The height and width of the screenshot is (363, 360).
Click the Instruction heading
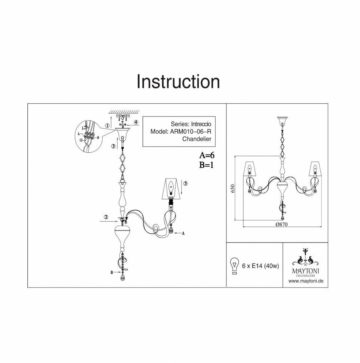[178, 82]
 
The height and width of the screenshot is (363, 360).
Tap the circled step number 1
[107, 126]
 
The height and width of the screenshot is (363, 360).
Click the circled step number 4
[136, 122]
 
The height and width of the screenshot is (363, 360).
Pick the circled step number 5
[186, 184]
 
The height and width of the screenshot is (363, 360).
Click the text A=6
[206, 155]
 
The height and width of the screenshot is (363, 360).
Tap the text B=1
[206, 165]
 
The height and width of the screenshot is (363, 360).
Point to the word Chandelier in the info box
[197, 139]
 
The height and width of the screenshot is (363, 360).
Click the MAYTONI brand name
[305, 270]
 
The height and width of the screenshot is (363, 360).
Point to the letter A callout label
[183, 233]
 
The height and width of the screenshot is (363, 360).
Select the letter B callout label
[112, 273]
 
